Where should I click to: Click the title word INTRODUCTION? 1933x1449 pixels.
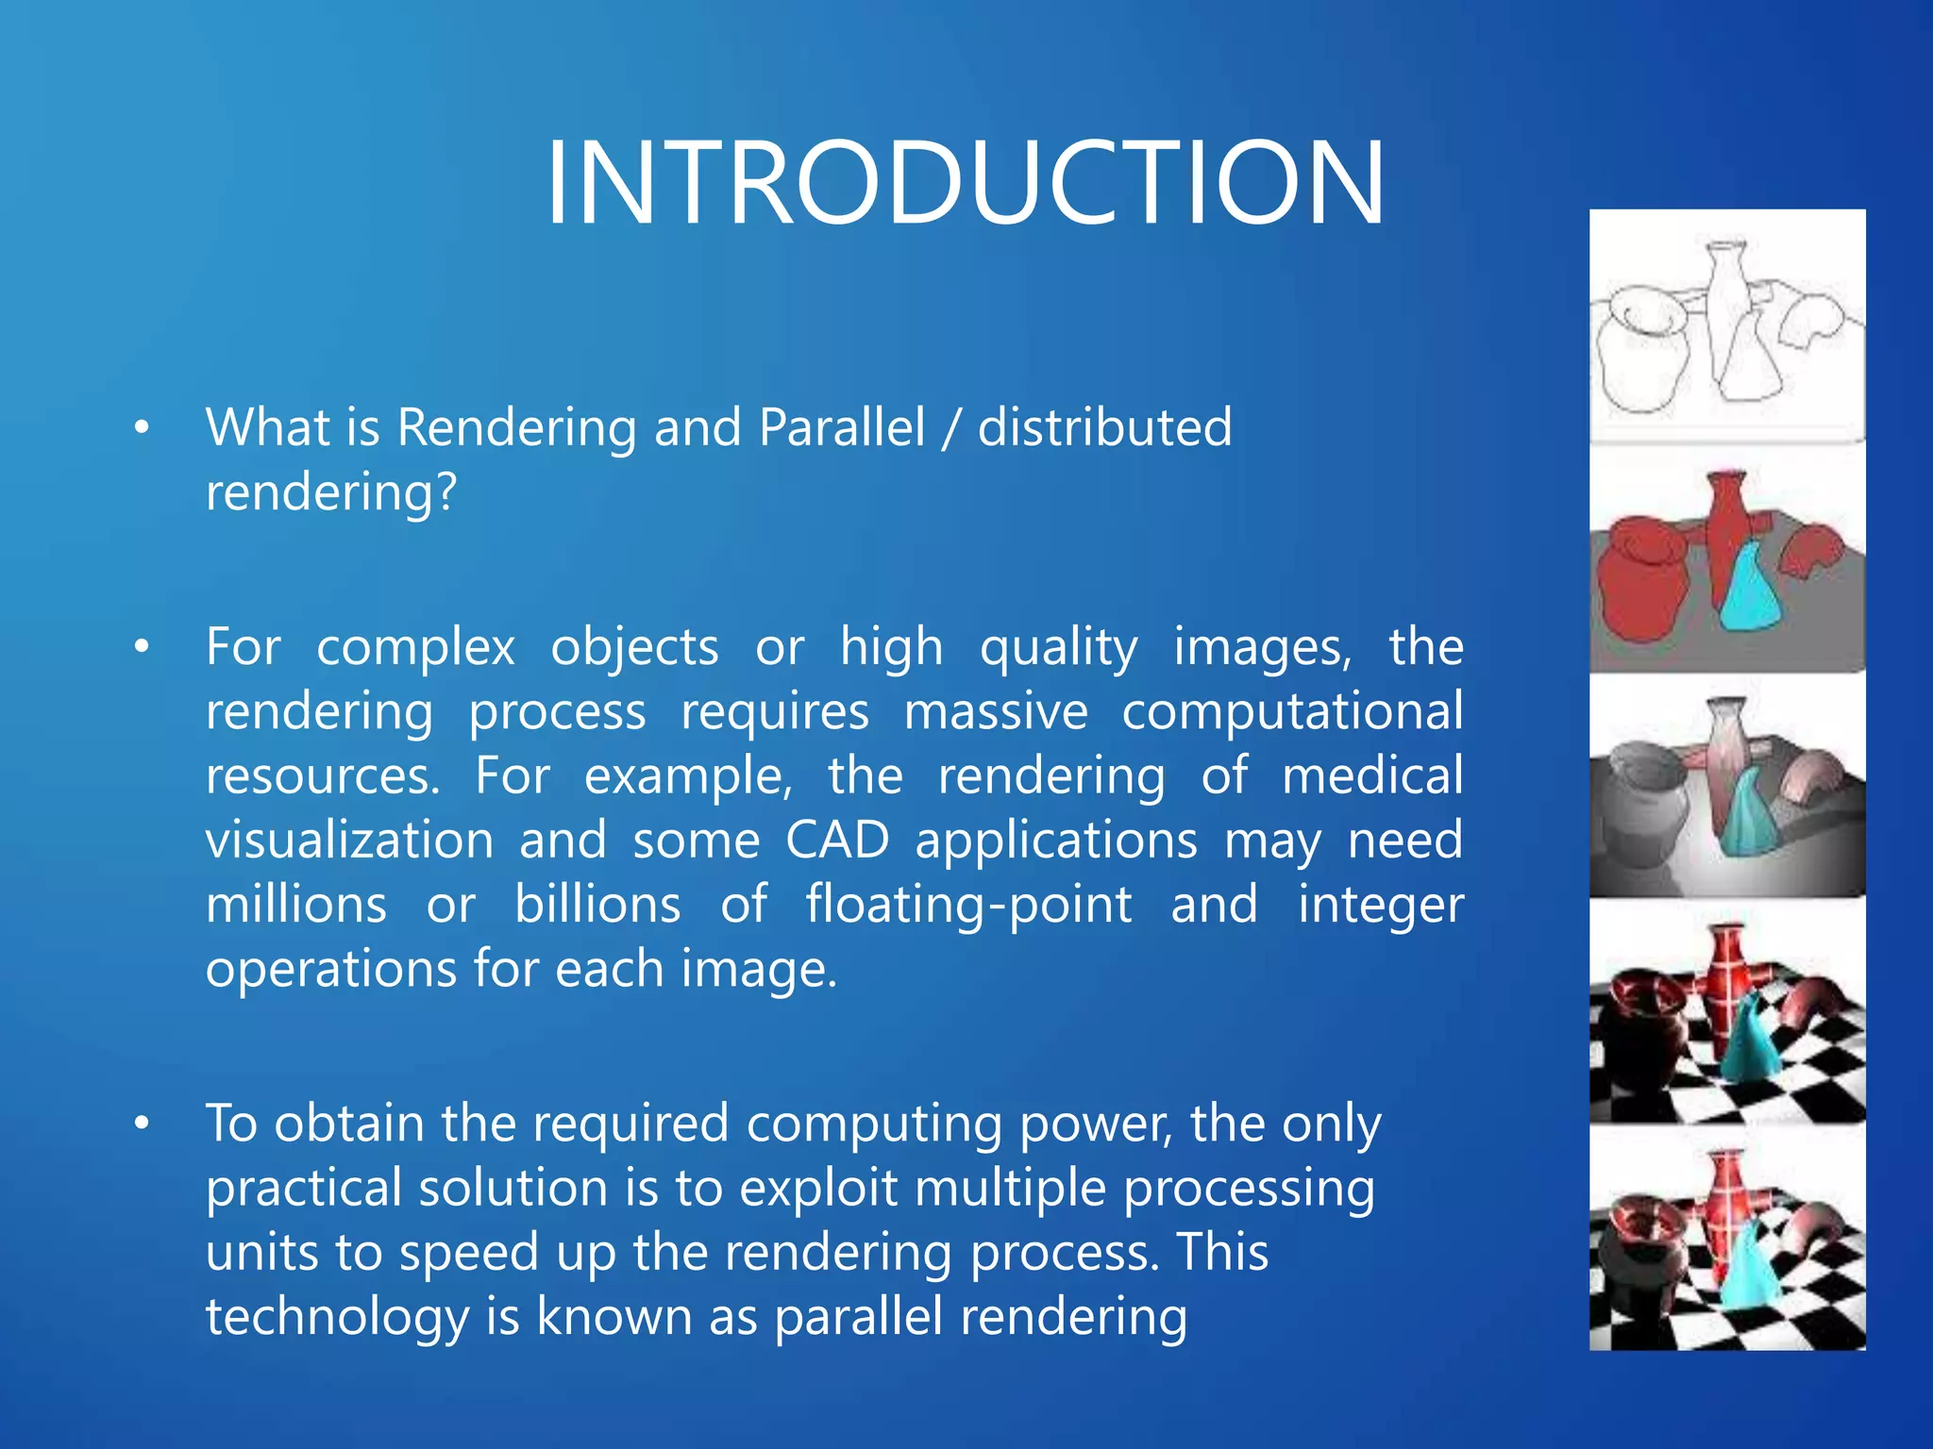(x=965, y=181)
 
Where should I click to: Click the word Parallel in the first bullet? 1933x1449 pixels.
(x=842, y=427)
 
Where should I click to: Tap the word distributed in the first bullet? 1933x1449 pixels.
(x=1104, y=427)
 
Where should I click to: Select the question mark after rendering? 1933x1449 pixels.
(x=445, y=491)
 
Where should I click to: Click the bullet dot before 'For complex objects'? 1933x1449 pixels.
(x=142, y=647)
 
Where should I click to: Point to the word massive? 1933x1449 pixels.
(x=995, y=711)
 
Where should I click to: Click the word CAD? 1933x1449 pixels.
(x=837, y=840)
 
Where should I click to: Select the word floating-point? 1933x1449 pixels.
(x=968, y=905)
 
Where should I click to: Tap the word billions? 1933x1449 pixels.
(x=597, y=905)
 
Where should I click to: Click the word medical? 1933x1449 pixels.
(x=1372, y=775)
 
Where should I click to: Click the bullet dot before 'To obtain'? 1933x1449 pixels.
(x=142, y=1124)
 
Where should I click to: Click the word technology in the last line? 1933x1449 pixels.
(x=337, y=1316)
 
